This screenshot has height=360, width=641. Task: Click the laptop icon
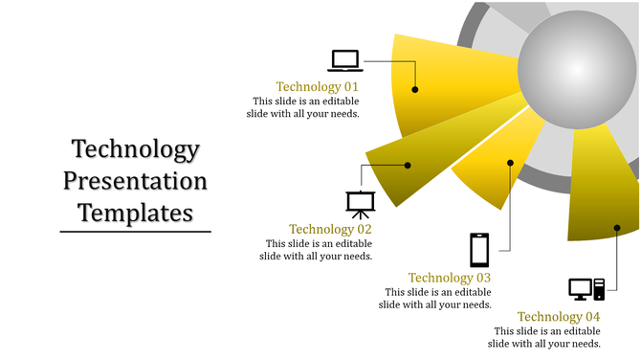point(345,60)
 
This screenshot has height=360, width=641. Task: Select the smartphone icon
point(479,250)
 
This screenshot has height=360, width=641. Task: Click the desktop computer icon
point(586,288)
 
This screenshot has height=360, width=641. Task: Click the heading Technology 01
point(317,86)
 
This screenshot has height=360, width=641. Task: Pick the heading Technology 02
point(330,229)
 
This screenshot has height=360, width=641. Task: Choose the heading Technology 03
point(450,278)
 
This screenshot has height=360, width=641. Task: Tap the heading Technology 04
point(559,317)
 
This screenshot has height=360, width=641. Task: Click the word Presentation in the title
point(135,180)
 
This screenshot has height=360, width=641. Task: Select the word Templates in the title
point(135,211)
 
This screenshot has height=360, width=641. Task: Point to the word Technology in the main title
point(135,149)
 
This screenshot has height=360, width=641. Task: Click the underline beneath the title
point(135,231)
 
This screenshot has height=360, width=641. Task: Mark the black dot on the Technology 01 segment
point(415,89)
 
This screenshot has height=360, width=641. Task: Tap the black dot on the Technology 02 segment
point(408,166)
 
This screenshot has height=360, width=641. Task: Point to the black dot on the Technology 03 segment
point(511,163)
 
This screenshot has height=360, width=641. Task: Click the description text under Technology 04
point(544,337)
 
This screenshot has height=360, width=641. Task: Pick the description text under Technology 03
point(435,298)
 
